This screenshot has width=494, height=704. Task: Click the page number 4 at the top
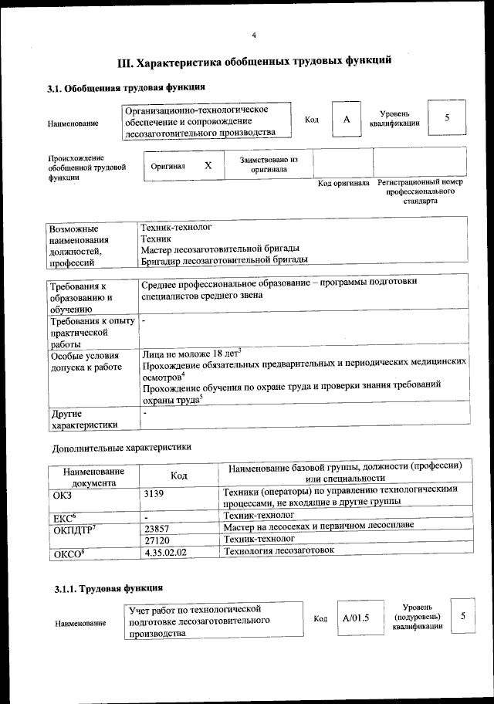pyautogui.click(x=253, y=36)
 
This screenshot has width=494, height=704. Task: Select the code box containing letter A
pyautogui.click(x=347, y=120)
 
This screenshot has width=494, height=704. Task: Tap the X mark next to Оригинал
pyautogui.click(x=208, y=166)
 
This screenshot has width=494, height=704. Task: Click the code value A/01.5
pyautogui.click(x=356, y=618)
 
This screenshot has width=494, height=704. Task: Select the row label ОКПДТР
pyautogui.click(x=72, y=529)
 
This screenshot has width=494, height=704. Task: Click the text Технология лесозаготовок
pyautogui.click(x=278, y=551)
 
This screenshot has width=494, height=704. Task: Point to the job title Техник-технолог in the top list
pyautogui.click(x=176, y=227)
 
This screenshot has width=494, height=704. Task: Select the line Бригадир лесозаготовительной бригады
pyautogui.click(x=224, y=260)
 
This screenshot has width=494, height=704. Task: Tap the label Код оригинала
pyautogui.click(x=343, y=184)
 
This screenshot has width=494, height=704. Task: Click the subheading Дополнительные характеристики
pyautogui.click(x=121, y=447)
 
